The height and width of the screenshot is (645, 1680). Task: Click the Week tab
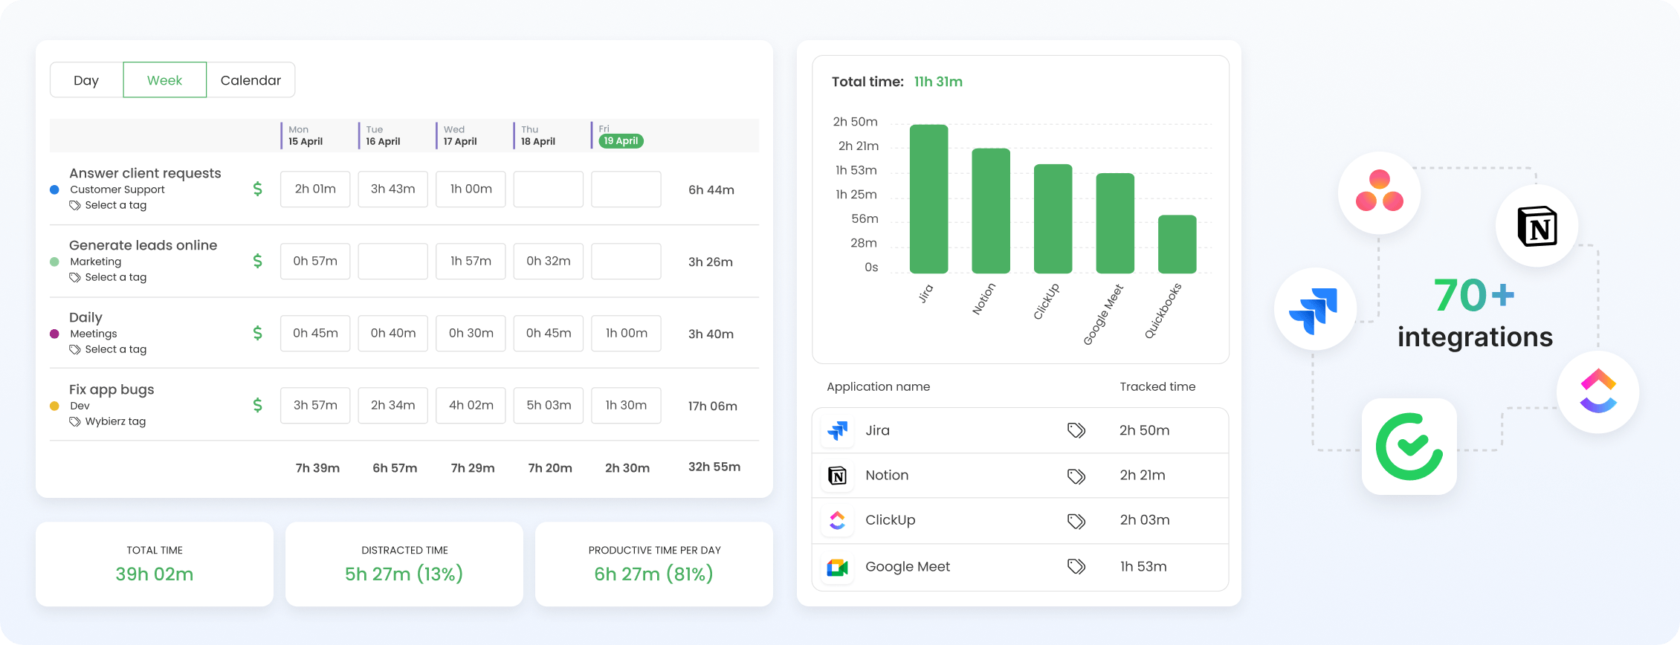coord(164,80)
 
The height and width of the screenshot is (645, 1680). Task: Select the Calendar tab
coord(251,80)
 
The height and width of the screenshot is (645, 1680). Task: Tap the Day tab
coord(86,80)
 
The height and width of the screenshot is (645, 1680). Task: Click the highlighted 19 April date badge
coord(621,140)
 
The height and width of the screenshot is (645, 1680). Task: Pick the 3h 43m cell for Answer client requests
coord(393,189)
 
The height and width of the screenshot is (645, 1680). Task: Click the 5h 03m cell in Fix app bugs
coord(549,406)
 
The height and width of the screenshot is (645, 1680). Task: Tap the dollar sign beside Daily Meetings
coord(257,333)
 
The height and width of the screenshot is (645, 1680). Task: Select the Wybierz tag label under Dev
coord(115,421)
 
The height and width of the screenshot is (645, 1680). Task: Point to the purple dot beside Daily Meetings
coord(54,334)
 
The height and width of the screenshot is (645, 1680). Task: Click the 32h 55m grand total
coord(714,467)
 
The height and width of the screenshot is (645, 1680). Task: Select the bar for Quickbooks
coord(1177,244)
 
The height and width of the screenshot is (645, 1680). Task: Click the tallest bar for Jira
coord(929,199)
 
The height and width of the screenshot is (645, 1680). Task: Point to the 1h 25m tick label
coord(856,195)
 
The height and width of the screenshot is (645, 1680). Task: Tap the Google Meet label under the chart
coord(1104,314)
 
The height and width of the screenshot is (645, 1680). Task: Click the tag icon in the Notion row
coord(1076,476)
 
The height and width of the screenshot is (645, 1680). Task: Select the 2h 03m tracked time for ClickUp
coord(1145,520)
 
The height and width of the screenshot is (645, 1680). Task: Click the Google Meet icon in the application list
coord(838,568)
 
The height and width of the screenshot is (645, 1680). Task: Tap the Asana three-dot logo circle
coord(1380,192)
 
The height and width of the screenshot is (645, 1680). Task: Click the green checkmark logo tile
coord(1409,447)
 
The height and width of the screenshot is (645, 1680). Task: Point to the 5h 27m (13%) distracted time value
coord(404,574)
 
